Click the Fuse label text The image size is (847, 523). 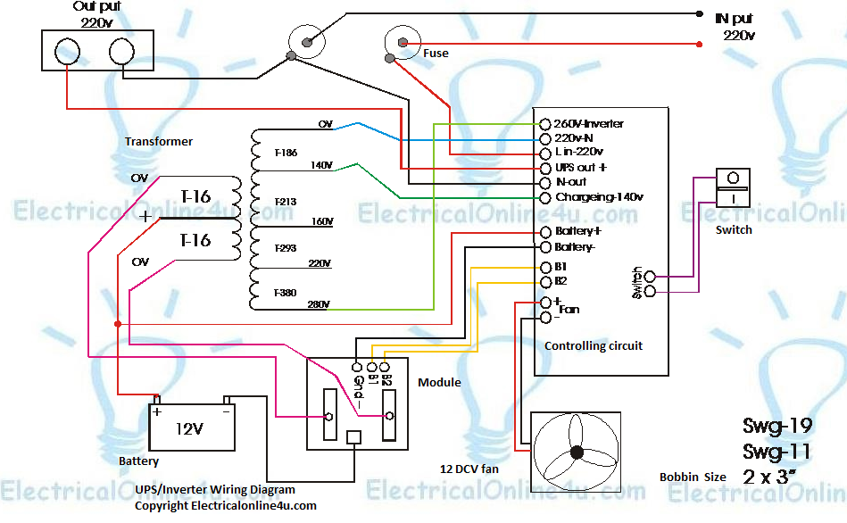[436, 54]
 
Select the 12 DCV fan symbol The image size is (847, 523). [576, 452]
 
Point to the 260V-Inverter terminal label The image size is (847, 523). [588, 123]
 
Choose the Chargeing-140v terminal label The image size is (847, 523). [599, 196]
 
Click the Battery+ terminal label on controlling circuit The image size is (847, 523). [584, 231]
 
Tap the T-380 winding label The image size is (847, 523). [286, 292]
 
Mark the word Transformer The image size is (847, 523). [159, 141]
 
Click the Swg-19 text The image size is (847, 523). [776, 426]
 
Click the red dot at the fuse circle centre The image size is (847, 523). [403, 42]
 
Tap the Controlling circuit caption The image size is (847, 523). [593, 345]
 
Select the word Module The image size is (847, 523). [439, 382]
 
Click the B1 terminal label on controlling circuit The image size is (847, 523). [561, 267]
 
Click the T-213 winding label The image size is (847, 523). [286, 203]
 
